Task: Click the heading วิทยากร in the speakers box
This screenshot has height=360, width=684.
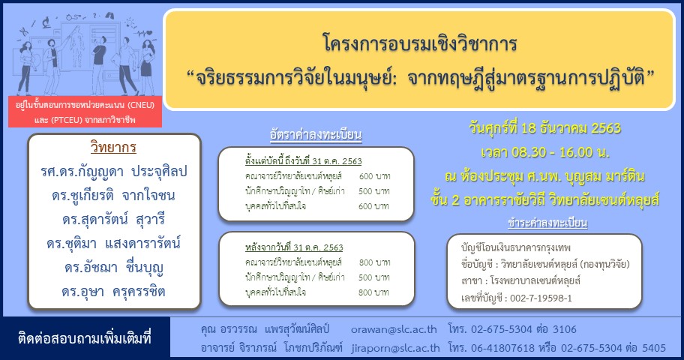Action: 113,148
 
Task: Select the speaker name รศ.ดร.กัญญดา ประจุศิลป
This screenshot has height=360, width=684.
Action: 114,172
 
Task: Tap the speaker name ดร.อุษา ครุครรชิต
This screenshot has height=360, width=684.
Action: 113,291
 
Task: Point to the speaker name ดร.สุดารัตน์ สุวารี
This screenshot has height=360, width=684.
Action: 113,219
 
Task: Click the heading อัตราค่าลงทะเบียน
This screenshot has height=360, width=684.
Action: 316,134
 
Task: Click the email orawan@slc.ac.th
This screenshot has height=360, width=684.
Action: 394,329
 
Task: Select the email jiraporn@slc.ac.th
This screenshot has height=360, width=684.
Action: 396,348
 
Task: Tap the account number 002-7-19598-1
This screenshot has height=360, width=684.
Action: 541,298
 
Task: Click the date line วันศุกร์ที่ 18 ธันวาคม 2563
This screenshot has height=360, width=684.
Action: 544,127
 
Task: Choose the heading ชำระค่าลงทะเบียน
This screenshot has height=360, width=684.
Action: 547,223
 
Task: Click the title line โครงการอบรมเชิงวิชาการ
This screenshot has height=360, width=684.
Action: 420,43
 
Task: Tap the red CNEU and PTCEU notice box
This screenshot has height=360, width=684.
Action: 85,112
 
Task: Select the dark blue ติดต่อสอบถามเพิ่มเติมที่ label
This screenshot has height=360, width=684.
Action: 85,338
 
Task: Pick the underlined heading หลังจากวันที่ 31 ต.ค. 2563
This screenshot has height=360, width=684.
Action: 294,247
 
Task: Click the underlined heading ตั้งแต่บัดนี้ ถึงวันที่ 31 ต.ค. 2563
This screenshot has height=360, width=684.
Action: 304,161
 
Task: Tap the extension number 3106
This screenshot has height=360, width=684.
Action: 565,329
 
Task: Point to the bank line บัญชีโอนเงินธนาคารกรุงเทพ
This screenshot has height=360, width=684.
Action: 515,247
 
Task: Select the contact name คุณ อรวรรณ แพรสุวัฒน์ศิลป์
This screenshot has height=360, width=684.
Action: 265,329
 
